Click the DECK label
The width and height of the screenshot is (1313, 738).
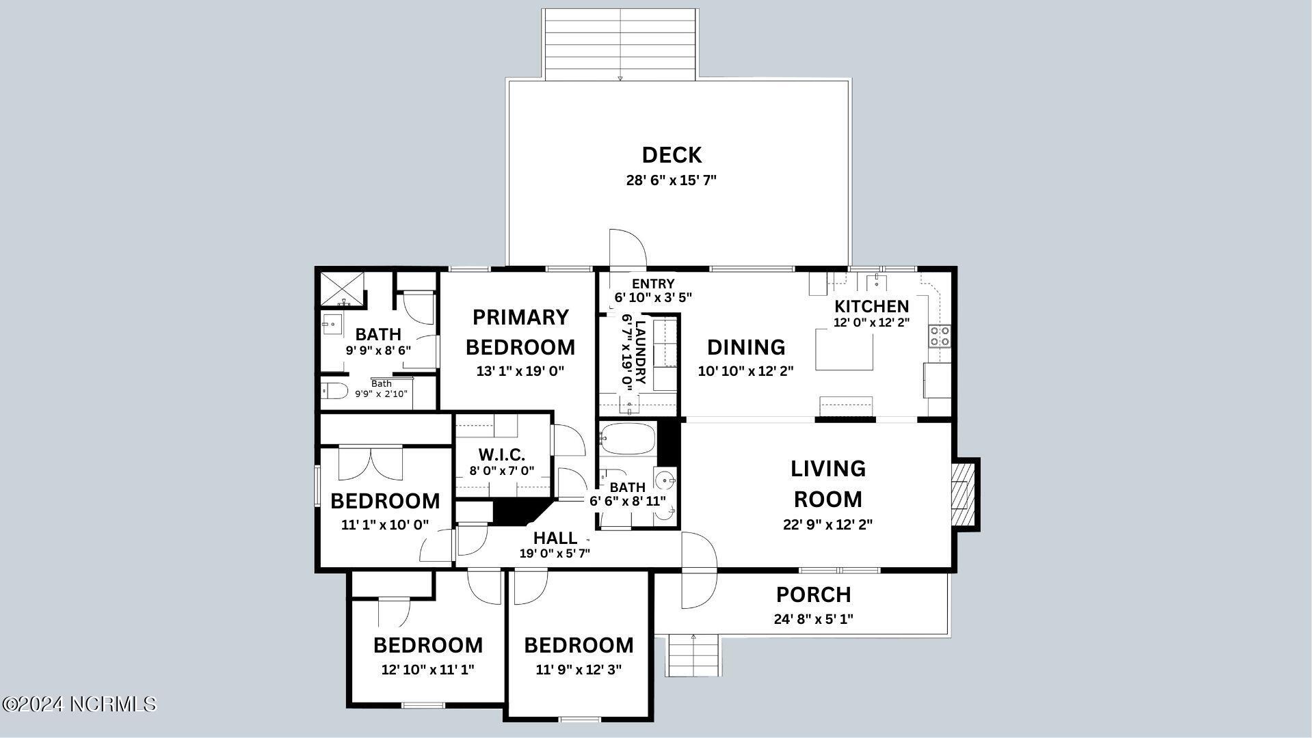click(x=672, y=155)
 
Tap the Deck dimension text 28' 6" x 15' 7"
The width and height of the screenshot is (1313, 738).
click(x=672, y=180)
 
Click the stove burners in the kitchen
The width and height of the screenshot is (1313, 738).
click(x=938, y=336)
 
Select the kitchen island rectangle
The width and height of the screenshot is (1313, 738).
click(x=845, y=349)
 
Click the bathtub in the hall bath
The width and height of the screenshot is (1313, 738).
click(x=628, y=439)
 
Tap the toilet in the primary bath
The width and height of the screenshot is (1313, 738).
click(x=335, y=392)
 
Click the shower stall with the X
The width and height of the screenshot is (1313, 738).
click(x=343, y=289)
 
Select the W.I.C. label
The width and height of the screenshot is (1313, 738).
click(x=502, y=454)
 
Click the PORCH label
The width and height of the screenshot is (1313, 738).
click(x=813, y=594)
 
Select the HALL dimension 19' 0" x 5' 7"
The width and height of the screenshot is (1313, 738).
click(x=555, y=553)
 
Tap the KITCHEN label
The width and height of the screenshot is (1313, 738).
click(x=871, y=306)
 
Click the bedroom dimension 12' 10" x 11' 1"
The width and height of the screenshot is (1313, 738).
click(x=427, y=670)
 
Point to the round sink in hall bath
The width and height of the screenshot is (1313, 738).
click(x=664, y=482)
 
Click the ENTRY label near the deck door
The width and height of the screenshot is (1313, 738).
click(x=653, y=284)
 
